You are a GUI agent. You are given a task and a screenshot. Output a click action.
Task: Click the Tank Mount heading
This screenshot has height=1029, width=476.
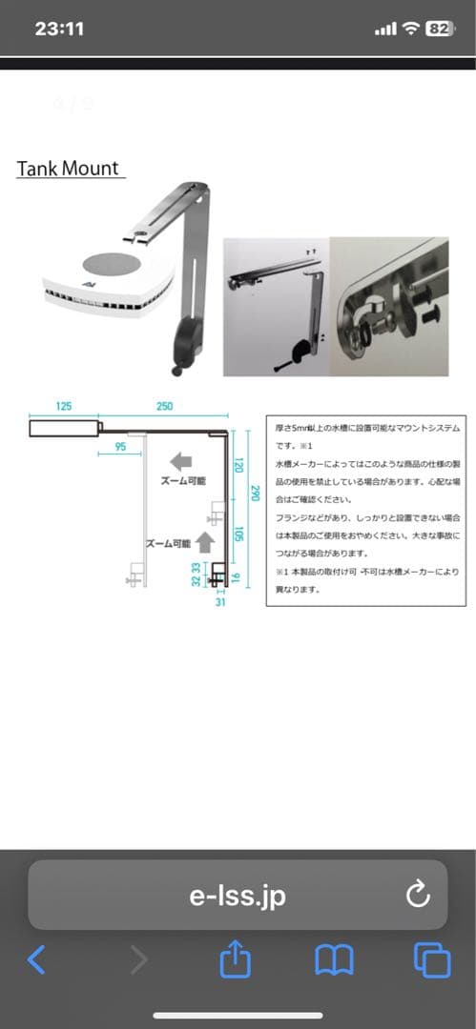pos(69,169)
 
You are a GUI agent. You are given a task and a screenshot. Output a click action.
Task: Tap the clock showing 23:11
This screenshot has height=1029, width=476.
pos(59,29)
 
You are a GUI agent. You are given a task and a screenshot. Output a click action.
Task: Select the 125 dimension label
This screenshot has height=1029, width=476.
pos(64,407)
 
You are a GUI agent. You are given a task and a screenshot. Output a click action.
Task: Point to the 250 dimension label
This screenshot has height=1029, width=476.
pos(164,407)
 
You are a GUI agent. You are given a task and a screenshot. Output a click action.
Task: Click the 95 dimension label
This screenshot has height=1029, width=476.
pos(120,446)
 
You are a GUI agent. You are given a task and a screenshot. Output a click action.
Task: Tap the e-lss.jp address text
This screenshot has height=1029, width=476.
pos(238,896)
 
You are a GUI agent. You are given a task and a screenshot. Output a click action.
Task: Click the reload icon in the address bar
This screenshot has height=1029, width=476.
pos(418,895)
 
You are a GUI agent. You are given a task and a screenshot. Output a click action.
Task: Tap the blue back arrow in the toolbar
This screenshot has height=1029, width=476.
pos(36,960)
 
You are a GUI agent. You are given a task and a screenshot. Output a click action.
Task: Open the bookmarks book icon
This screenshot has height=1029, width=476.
pos(334,960)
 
